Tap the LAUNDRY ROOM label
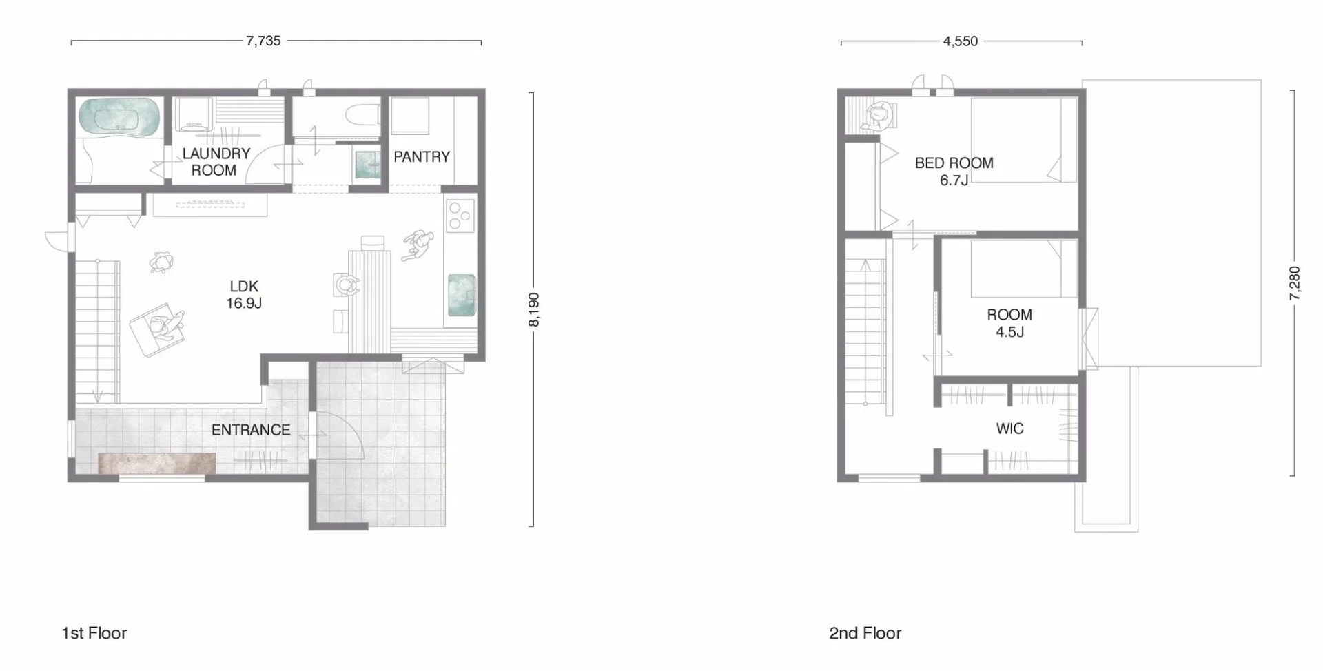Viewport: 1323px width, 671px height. point(216,162)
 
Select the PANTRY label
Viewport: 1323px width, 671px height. point(422,157)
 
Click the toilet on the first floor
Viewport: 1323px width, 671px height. point(362,114)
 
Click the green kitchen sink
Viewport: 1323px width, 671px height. point(462,296)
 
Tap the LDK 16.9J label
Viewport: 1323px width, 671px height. point(244,295)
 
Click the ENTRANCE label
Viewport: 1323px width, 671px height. point(251,430)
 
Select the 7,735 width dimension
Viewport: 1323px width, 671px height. point(263,41)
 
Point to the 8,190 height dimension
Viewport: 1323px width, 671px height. point(534,309)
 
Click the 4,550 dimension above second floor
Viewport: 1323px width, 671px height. point(961,41)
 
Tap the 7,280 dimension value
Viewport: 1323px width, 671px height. point(1294,283)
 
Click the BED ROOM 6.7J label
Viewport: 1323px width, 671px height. point(954,172)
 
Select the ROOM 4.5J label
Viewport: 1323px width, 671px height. point(1009,323)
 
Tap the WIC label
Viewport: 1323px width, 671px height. point(1010,429)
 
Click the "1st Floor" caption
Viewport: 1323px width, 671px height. point(94,633)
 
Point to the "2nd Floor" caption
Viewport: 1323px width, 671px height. point(865,633)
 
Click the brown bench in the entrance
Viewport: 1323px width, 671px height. point(157,463)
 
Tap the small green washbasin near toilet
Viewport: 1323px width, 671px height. point(367,165)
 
